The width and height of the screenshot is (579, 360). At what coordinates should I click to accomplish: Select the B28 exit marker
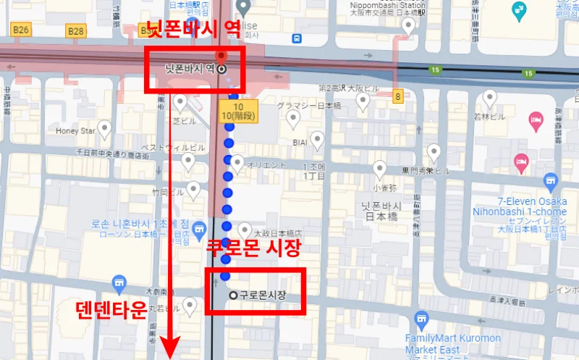point(75,30)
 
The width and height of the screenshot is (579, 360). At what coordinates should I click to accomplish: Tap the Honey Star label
point(76,131)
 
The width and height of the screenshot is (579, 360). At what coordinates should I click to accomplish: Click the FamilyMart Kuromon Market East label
point(453,343)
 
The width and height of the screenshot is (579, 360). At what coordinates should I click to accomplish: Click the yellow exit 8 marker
point(397,96)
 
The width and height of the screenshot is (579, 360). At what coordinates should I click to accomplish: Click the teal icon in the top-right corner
point(519,10)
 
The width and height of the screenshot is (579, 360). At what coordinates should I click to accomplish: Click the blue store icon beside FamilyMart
point(421,319)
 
